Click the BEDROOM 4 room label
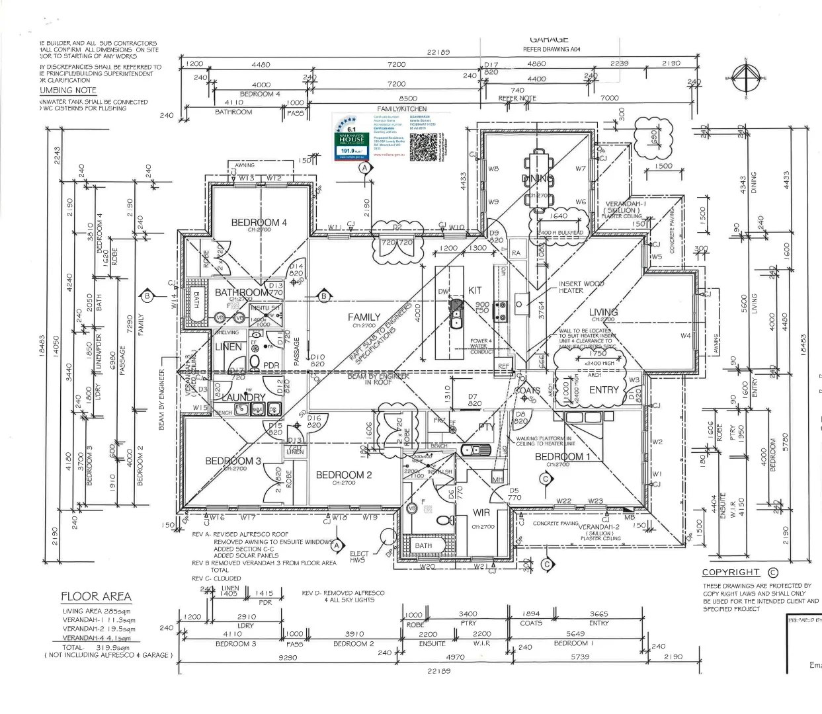[259, 223]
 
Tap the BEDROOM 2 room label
[344, 475]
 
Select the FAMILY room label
[364, 317]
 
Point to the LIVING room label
[603, 312]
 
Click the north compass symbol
[746, 78]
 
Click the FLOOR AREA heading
[97, 596]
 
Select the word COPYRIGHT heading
[731, 573]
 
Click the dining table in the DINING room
[538, 178]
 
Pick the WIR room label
[481, 513]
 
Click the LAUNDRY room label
[243, 397]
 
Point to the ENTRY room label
[603, 390]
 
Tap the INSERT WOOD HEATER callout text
[581, 287]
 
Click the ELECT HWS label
[359, 557]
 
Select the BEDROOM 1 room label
[559, 457]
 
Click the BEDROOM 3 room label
[233, 461]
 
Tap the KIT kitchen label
[475, 290]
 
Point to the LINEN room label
[229, 347]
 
